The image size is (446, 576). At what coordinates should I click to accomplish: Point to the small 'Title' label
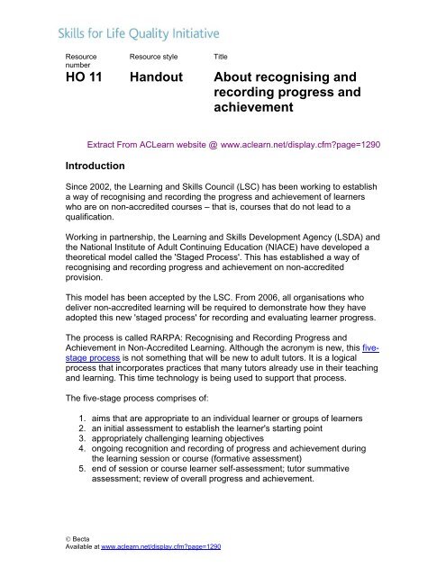220,56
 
